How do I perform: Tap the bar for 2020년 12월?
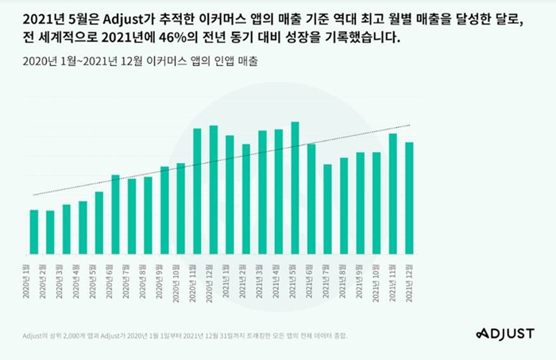pyautogui.click(x=214, y=190)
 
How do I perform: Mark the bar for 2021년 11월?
pyautogui.click(x=392, y=194)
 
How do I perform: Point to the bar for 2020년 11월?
pyautogui.click(x=197, y=192)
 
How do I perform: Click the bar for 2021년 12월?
pyautogui.click(x=409, y=198)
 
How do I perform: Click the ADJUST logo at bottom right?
pyautogui.click(x=505, y=332)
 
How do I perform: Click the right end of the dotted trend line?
pyautogui.click(x=409, y=126)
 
